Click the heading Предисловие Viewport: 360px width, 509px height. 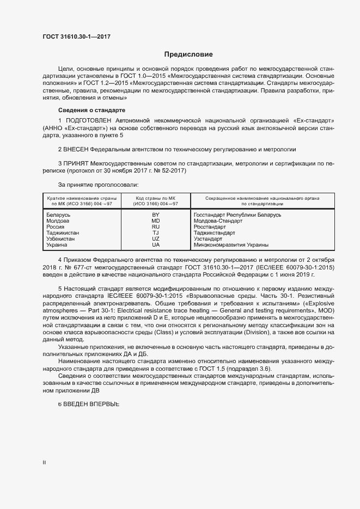point(188,54)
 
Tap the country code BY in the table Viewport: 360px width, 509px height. point(156,215)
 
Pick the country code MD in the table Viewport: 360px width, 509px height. point(156,221)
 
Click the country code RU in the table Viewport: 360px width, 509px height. point(156,227)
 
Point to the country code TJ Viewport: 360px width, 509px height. point(156,233)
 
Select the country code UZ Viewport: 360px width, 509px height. point(156,239)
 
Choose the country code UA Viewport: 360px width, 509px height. point(156,245)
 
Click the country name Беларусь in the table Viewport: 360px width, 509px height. point(59,215)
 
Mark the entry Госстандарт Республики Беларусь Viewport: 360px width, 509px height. point(237,215)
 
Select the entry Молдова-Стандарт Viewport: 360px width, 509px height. point(218,221)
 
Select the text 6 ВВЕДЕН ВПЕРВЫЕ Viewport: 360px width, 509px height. point(88,404)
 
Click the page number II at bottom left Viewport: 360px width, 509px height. point(44,463)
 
